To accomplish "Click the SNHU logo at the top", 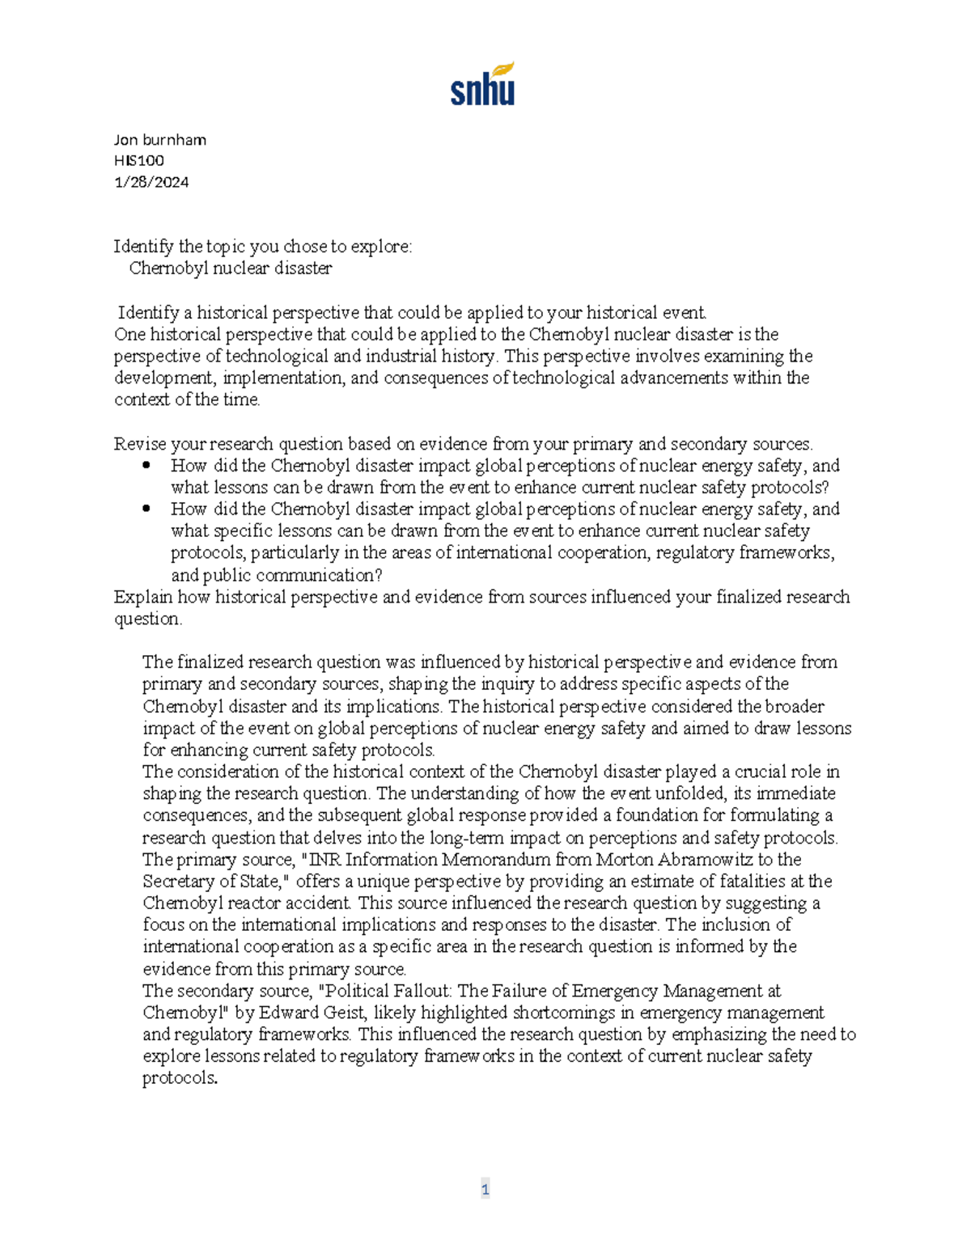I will coord(482,85).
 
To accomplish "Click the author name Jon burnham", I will coord(160,140).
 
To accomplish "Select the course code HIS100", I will coord(139,161).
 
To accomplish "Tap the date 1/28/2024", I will coord(151,182).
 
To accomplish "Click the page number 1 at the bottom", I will coord(485,1189).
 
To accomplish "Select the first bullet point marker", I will coord(146,466).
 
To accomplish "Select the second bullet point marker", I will coord(146,510).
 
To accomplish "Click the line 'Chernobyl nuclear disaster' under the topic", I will coord(231,269).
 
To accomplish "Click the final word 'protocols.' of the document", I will coord(180,1078).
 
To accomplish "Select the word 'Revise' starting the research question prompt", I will coord(137,444).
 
